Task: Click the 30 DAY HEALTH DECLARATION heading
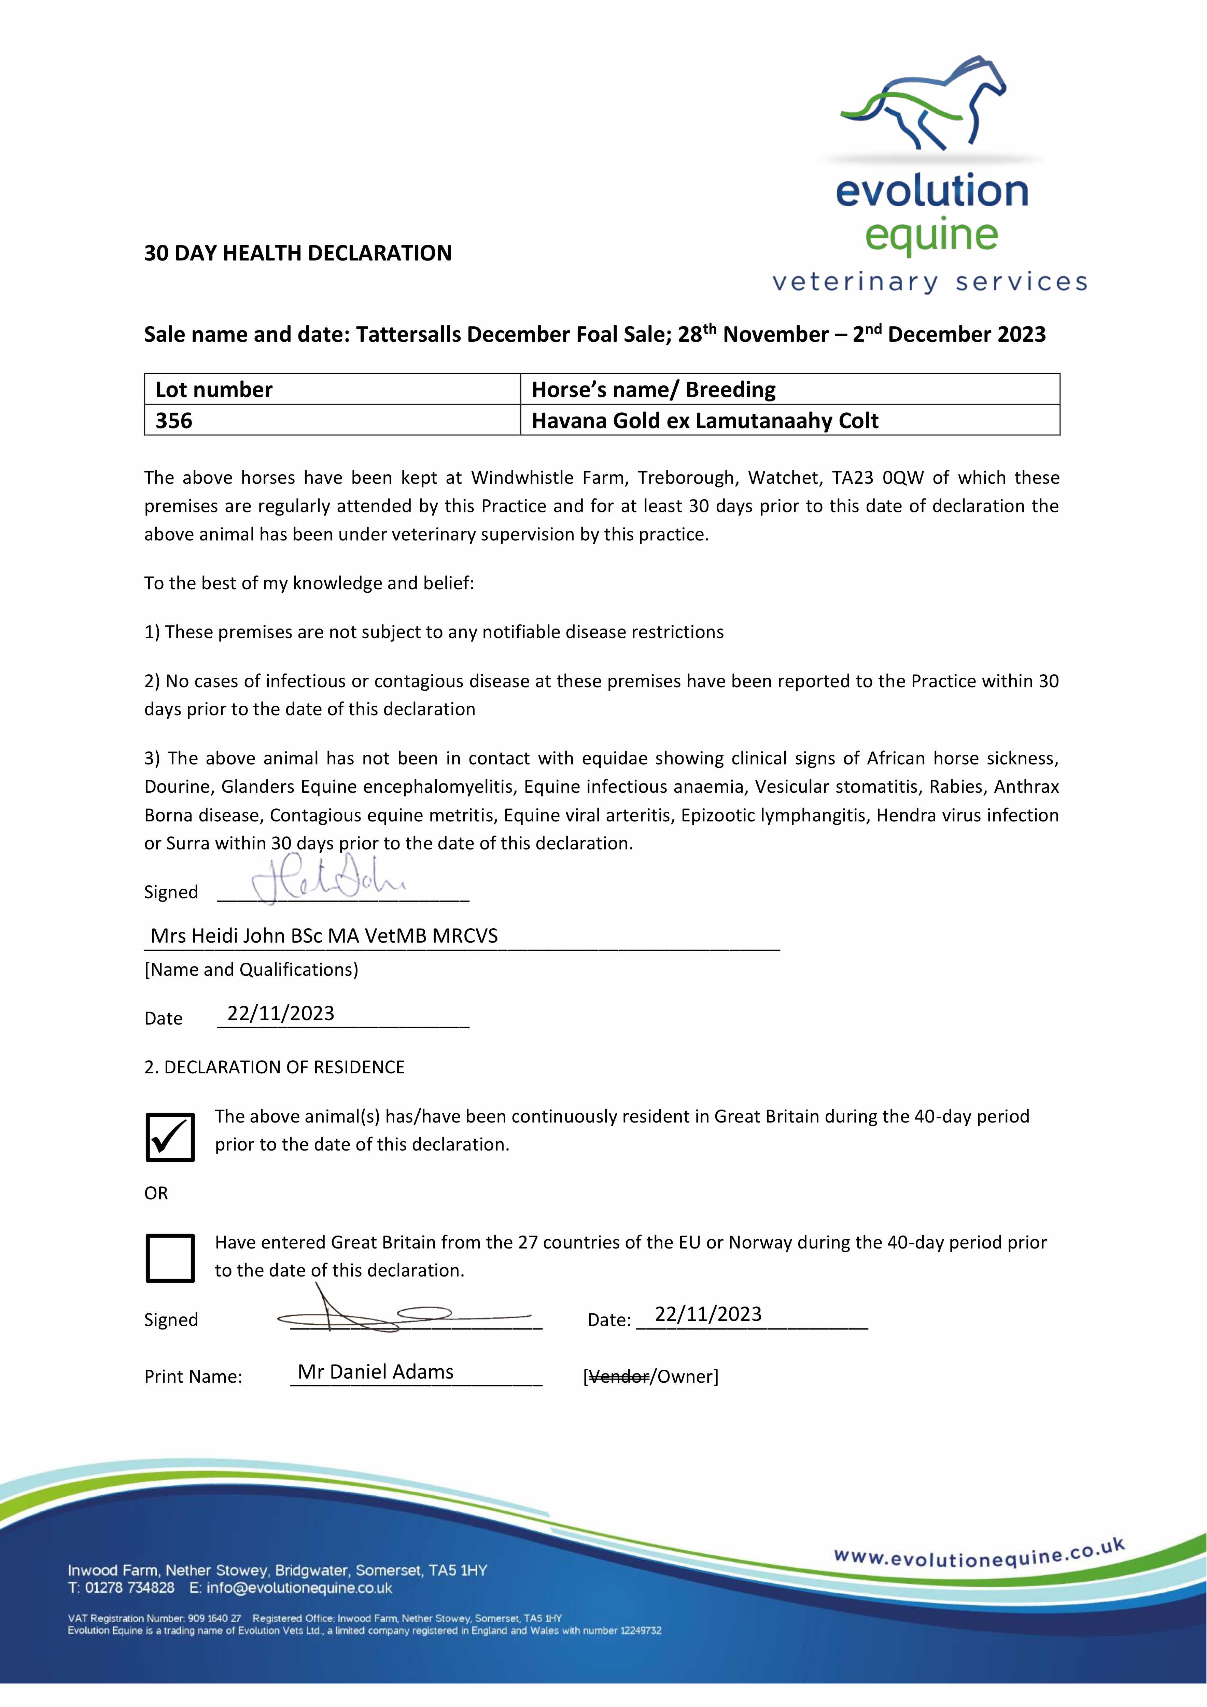[x=297, y=254]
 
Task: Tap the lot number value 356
[x=174, y=421]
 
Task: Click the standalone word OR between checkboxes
[x=156, y=1193]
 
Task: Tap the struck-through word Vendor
[x=618, y=1377]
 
